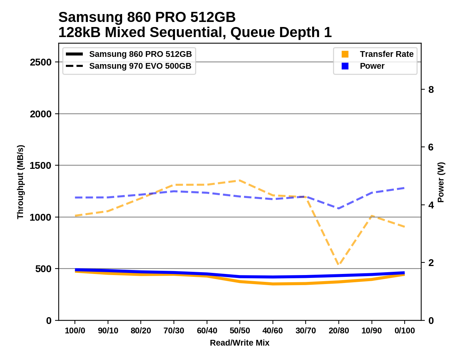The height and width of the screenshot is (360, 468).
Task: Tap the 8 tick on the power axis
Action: point(431,90)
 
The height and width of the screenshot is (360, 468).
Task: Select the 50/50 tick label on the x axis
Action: point(240,330)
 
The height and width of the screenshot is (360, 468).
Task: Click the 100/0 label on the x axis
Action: point(75,330)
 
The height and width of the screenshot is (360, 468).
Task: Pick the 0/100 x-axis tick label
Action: point(405,330)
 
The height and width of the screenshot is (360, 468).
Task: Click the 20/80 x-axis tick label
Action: point(339,330)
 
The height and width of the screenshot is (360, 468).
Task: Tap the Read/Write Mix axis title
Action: point(240,343)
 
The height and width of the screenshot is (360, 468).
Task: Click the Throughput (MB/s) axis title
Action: point(20,182)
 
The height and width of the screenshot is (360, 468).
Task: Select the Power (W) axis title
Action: point(441,182)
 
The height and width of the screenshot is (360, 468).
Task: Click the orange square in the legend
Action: point(345,54)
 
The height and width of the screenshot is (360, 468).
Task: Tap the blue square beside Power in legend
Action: point(345,66)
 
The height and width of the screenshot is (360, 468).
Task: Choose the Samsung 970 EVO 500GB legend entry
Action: point(140,66)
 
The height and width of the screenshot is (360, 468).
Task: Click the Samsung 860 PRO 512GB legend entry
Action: point(140,54)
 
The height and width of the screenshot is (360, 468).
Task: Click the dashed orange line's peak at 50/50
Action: point(240,180)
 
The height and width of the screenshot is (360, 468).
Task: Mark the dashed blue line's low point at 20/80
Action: point(339,208)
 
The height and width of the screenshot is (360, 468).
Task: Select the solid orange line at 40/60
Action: point(273,284)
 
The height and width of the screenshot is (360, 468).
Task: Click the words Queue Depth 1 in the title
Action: point(281,32)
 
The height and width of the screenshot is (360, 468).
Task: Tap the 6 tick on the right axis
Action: point(431,147)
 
